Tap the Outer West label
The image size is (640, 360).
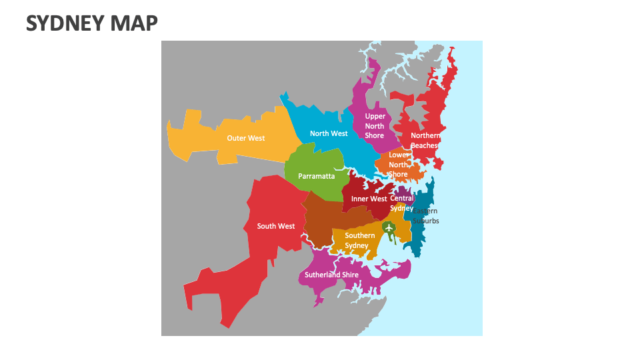[x=245, y=139]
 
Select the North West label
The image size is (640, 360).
[x=329, y=133]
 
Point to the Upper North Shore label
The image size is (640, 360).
[x=375, y=126]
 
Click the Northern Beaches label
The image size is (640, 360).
[x=425, y=141]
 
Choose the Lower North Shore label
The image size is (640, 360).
[x=399, y=165]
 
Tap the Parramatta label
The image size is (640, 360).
[x=316, y=177]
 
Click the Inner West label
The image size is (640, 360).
[x=369, y=199]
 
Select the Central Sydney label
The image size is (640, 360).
[x=401, y=203]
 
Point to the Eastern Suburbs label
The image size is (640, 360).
[x=426, y=216]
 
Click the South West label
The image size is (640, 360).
[x=276, y=226]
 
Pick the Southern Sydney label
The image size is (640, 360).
[x=359, y=240]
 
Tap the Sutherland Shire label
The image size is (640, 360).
[x=331, y=275]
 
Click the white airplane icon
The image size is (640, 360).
[x=388, y=228]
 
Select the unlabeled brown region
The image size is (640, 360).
[x=323, y=220]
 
